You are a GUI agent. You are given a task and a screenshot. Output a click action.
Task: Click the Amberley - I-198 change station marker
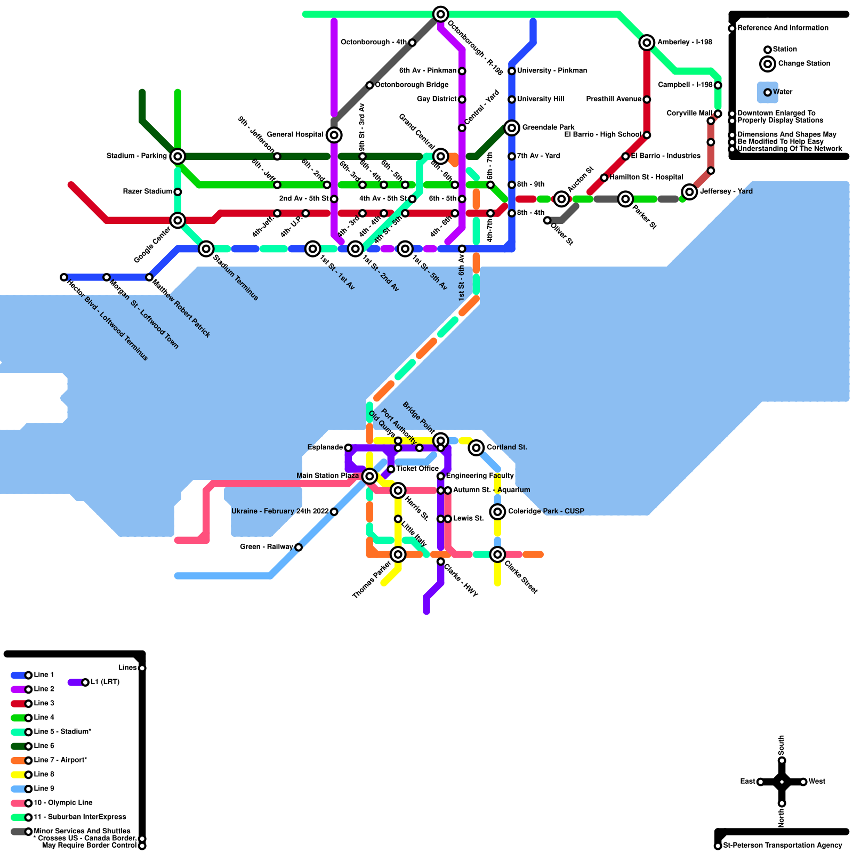pos(647,43)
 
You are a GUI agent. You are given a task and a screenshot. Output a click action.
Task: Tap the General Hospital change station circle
pos(334,135)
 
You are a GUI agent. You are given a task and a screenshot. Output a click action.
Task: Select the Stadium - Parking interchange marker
pos(178,156)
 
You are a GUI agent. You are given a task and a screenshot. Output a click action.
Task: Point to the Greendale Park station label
pos(548,127)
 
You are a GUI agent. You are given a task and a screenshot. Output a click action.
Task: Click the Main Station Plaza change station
pos(369,476)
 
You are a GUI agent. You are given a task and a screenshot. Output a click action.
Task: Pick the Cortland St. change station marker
pos(476,448)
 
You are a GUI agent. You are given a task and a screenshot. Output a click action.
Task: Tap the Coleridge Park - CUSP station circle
pos(497,512)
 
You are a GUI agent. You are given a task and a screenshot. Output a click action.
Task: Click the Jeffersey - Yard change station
pos(689,192)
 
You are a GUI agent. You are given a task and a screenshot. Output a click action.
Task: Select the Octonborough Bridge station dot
pos(369,85)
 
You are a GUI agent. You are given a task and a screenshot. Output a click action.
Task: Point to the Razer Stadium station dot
pos(178,192)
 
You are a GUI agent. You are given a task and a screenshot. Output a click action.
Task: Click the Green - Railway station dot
pos(299,548)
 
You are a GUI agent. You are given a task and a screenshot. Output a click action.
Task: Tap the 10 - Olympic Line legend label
pos(63,803)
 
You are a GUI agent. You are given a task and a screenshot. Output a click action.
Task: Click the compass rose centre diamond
pos(782,782)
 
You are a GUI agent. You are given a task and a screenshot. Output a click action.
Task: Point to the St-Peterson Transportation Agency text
pos(782,846)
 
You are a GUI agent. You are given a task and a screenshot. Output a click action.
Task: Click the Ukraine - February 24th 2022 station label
pos(280,511)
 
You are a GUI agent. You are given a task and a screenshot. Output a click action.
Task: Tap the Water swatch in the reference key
pos(768,92)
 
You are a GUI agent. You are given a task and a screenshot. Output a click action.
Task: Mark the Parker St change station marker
pos(625,199)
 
